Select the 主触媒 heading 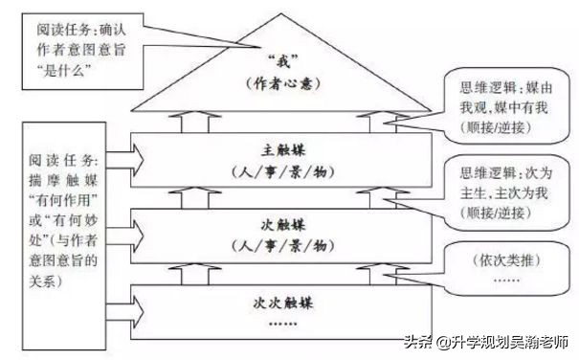click(x=281, y=150)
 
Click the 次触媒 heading click(x=281, y=226)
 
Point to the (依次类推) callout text click(x=503, y=259)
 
